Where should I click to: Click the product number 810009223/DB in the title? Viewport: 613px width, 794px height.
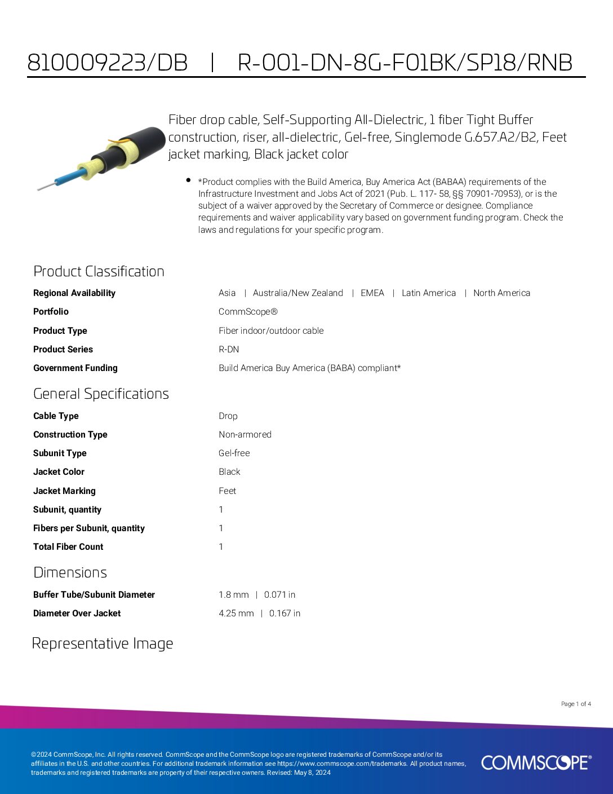click(107, 63)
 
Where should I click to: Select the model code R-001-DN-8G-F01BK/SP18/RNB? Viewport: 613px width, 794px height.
click(405, 63)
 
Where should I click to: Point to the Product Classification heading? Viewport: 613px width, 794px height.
click(99, 271)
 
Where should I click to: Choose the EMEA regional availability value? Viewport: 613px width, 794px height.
click(372, 293)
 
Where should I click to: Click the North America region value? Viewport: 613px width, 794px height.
click(501, 293)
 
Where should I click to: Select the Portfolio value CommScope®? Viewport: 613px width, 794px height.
click(248, 311)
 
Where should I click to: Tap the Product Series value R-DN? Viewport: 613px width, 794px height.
click(229, 349)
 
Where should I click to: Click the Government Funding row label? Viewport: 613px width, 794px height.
click(75, 368)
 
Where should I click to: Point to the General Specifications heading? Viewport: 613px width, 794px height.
click(101, 394)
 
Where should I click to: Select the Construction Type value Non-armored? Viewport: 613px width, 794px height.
click(245, 434)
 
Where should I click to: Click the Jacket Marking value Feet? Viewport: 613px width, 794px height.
click(228, 491)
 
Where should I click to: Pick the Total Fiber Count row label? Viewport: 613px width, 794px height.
click(68, 546)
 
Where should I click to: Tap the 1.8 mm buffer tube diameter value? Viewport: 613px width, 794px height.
click(233, 594)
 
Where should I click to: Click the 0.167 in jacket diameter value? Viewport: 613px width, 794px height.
click(285, 613)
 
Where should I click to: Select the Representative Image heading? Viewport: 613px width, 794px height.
click(103, 643)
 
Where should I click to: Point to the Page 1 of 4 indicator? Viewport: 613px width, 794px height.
click(576, 704)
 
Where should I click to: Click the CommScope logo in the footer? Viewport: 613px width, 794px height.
click(536, 762)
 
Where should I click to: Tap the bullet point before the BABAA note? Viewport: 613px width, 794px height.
click(188, 180)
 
